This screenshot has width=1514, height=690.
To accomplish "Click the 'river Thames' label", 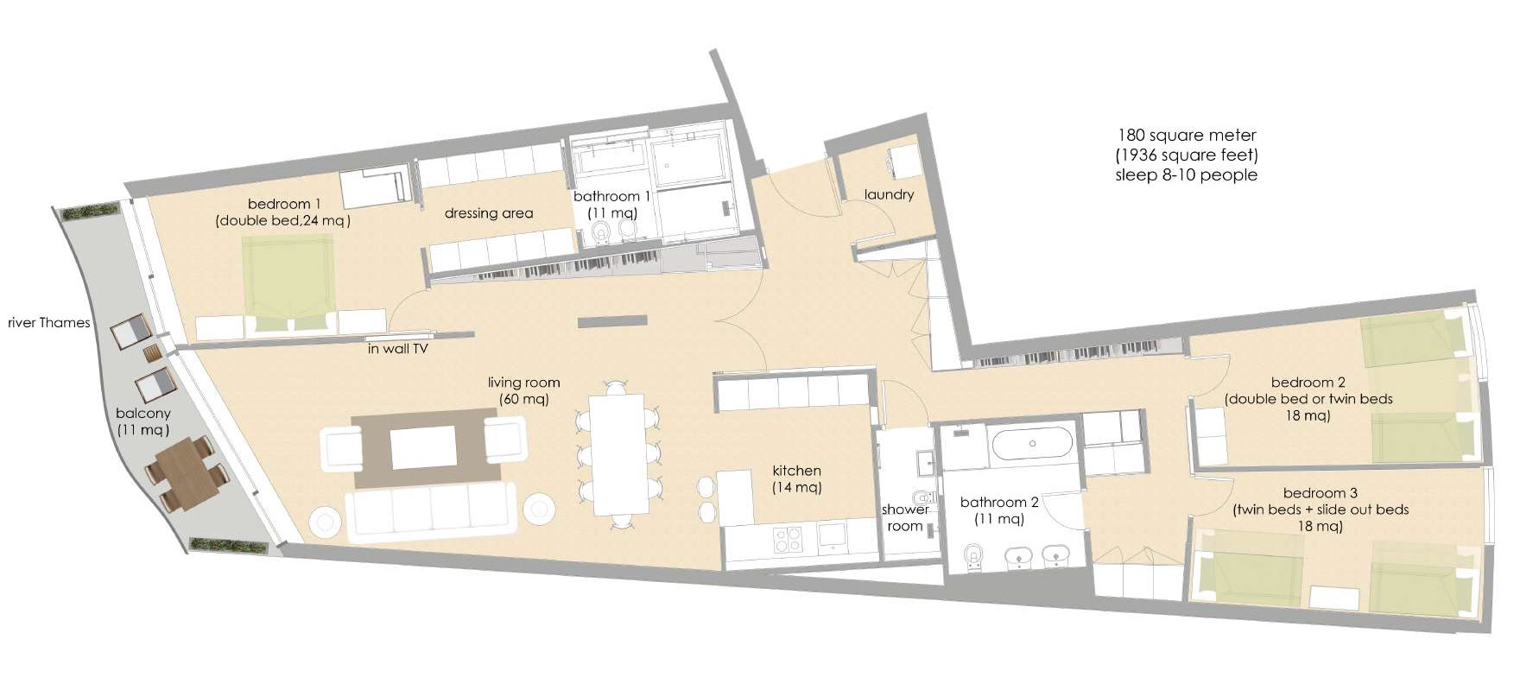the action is (49, 323).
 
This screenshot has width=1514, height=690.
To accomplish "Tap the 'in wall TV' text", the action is (397, 349).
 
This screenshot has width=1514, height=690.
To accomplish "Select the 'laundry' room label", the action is (889, 195).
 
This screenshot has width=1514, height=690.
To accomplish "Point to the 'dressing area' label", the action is (489, 213).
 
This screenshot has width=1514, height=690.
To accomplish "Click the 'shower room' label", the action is (905, 517).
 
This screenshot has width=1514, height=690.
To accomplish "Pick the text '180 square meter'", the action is (1187, 136).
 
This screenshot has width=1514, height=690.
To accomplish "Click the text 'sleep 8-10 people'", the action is (1187, 175).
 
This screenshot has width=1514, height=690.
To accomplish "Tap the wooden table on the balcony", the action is (183, 475).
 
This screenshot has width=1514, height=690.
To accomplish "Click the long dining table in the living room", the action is (618, 455).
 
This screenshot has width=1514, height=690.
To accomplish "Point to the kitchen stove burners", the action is (787, 539).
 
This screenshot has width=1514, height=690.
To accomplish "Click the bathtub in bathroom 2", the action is (1033, 444).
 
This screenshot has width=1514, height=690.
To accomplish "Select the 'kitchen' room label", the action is (796, 471).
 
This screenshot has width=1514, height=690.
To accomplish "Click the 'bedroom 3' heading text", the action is (1314, 493).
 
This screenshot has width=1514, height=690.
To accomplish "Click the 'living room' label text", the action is (523, 383).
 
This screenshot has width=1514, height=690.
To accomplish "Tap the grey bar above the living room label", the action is (612, 322).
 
